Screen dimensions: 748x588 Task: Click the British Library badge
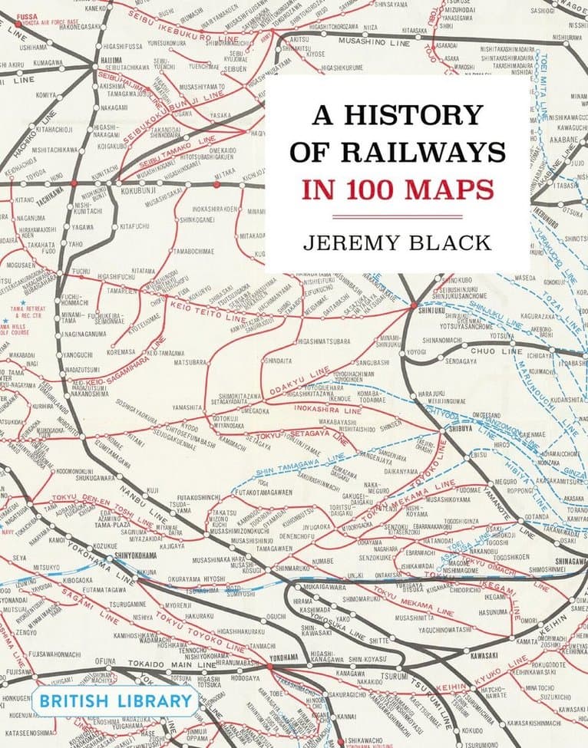[115, 700]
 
